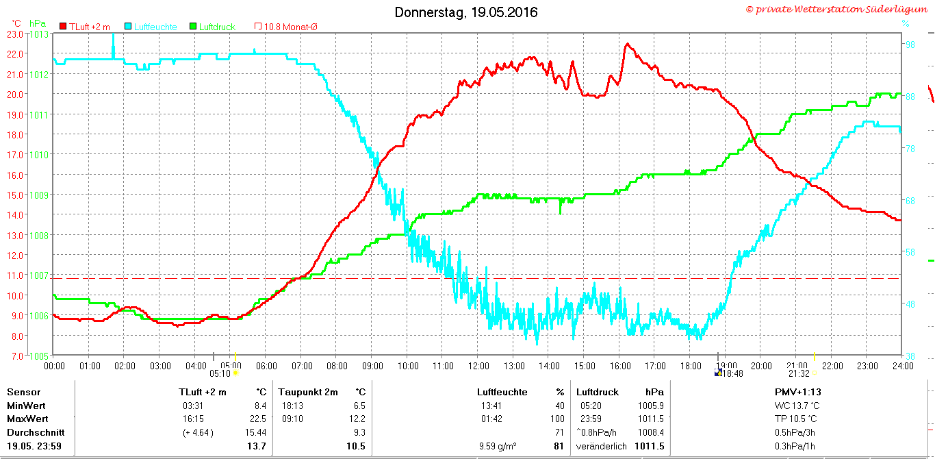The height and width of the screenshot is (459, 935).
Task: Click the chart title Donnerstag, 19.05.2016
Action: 466,12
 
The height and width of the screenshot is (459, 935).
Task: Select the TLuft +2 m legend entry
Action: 85,27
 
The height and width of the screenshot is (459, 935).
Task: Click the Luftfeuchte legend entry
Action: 151,27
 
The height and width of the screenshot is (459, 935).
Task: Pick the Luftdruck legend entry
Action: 212,27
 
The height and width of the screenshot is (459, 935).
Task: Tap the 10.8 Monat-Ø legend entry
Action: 286,27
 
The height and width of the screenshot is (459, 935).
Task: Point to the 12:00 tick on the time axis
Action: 478,367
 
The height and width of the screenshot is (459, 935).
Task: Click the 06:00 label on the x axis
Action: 266,367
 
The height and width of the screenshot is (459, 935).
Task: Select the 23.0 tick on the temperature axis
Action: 15,34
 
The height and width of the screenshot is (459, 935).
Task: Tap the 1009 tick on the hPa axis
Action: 39,195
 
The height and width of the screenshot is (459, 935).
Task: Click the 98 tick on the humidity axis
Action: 910,45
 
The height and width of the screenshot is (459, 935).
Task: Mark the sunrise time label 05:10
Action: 220,373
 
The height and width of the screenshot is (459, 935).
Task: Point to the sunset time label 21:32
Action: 799,373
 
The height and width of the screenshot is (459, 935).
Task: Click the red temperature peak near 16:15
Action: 627,44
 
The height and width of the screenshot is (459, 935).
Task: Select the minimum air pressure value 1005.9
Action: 651,406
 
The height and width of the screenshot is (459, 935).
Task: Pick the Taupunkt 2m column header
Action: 308,392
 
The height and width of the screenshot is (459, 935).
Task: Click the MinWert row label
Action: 26,406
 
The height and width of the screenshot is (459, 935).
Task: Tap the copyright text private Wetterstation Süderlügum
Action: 836,10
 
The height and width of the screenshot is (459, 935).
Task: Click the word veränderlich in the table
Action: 601,446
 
